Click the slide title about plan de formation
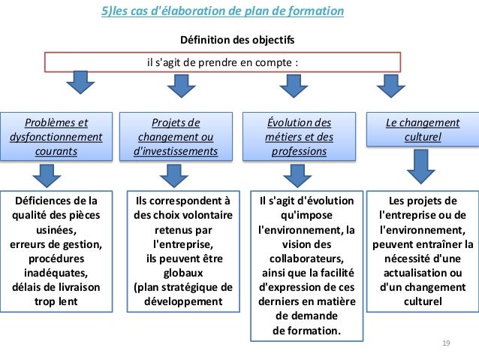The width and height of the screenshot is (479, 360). (222, 11)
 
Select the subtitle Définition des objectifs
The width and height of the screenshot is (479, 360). (237, 39)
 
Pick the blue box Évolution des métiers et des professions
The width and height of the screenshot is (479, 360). (298, 137)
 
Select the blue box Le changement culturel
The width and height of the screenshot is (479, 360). (422, 130)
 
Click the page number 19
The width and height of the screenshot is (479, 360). (445, 343)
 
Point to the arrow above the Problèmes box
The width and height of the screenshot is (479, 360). (77, 84)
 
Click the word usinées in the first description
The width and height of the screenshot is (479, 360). (56, 230)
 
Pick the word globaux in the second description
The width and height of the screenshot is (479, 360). (183, 273)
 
